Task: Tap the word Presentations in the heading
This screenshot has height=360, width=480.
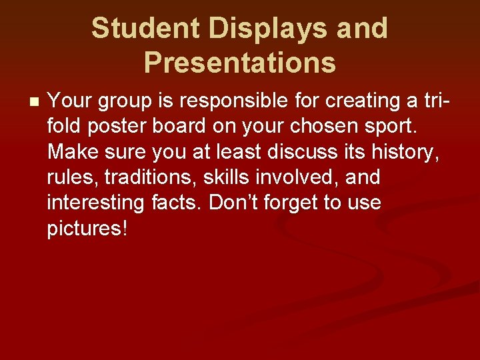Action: point(239,63)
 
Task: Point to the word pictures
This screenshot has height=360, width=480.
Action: point(86,229)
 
